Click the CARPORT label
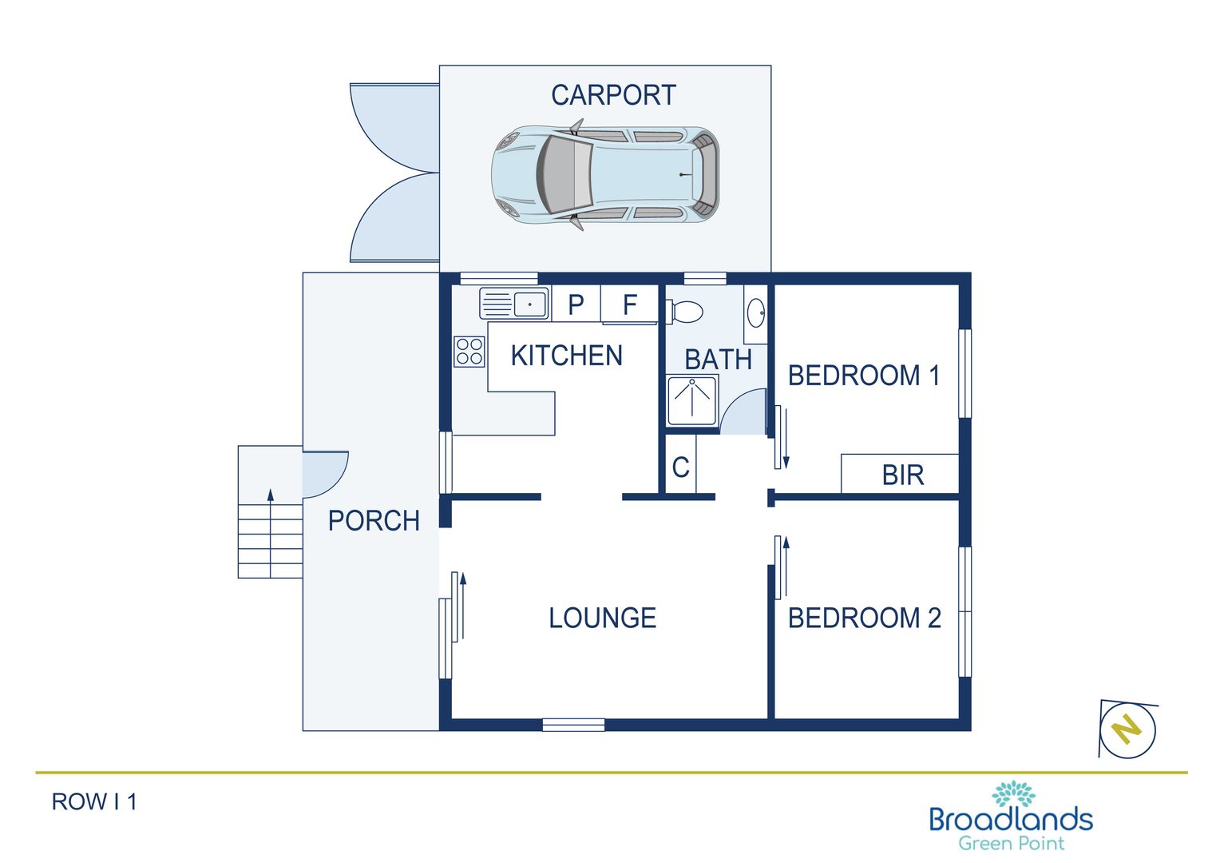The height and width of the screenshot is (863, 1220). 613,95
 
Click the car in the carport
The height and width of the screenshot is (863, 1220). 604,174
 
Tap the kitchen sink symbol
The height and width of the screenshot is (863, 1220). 514,304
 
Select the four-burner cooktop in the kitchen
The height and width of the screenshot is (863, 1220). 469,352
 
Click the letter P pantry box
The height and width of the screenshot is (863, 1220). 576,305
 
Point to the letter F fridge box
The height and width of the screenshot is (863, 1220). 629,305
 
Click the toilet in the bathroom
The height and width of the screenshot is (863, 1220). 685,312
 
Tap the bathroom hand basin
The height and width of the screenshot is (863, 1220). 756,312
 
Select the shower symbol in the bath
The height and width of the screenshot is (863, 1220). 692,400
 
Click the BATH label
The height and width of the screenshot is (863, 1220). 718,360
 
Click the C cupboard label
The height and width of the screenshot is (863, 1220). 680,467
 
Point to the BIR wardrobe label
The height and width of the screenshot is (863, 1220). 902,475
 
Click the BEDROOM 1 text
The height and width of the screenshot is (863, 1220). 864,376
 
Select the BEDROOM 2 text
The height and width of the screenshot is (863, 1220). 864,618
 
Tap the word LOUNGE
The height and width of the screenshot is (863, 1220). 602,618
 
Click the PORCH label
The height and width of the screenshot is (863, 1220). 374,521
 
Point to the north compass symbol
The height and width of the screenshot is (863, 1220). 1127,729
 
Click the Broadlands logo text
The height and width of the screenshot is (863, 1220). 1010,820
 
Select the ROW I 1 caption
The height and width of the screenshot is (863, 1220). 94,801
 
